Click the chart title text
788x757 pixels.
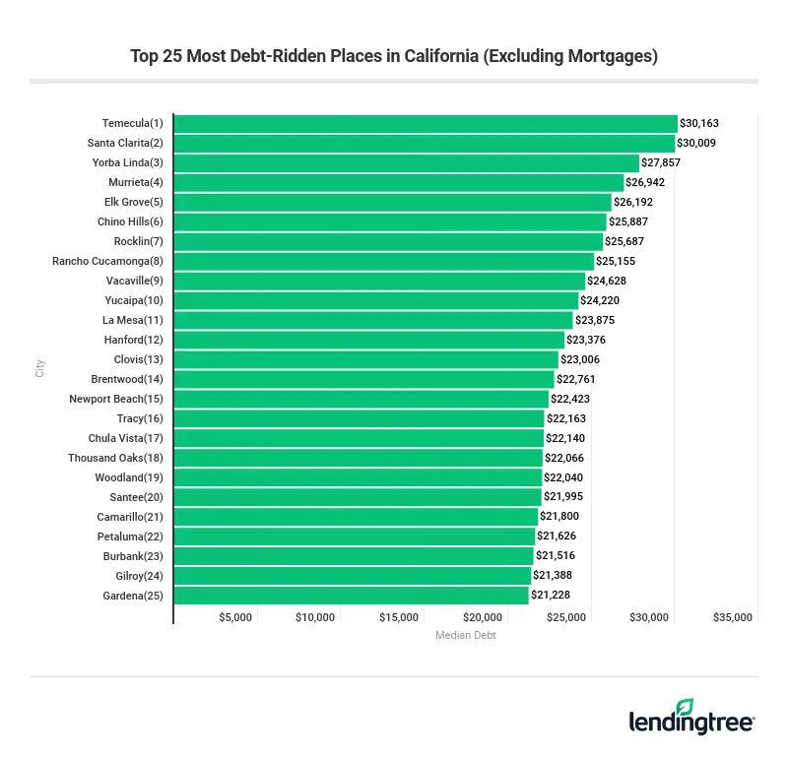click(x=394, y=56)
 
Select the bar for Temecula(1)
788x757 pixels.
click(x=426, y=124)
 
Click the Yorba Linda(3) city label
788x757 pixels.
click(x=128, y=163)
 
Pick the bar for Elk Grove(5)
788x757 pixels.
click(x=392, y=203)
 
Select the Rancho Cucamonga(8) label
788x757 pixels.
click(x=107, y=262)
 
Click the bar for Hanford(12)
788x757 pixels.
click(x=369, y=341)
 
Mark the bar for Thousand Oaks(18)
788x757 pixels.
click(x=359, y=459)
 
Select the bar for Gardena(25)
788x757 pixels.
click(x=352, y=596)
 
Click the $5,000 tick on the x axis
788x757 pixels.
click(x=235, y=617)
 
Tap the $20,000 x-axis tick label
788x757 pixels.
click(x=483, y=617)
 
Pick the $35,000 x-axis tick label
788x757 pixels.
click(x=733, y=617)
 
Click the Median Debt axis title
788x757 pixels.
click(x=466, y=636)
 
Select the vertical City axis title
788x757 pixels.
click(x=40, y=368)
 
